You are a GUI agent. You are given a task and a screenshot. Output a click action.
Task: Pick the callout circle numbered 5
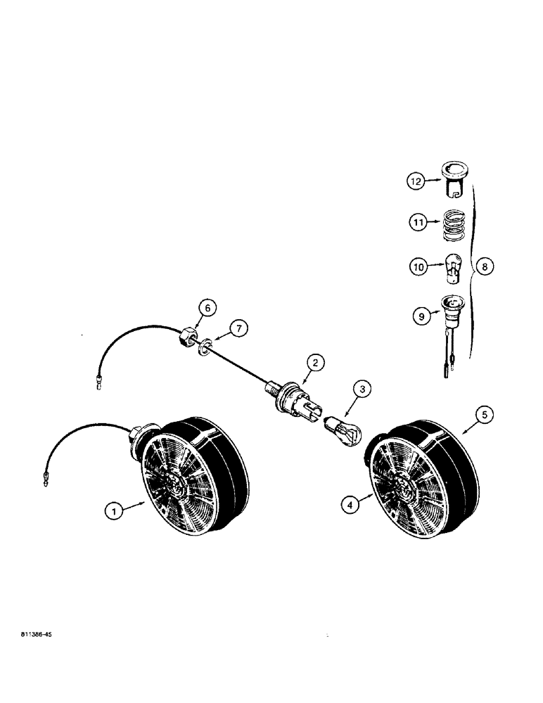tap(483, 415)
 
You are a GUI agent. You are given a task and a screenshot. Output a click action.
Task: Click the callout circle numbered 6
tap(206, 307)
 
